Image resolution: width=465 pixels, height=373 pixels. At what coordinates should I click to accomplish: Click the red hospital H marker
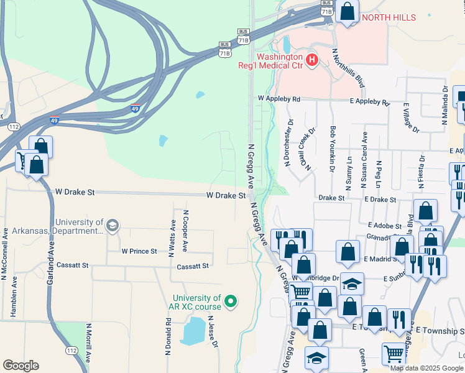313,60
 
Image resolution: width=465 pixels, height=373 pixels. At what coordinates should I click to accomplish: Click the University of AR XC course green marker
231,303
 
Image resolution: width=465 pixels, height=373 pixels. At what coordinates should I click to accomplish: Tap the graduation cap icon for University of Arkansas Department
112,224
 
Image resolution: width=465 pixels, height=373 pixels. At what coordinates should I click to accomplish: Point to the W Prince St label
139,252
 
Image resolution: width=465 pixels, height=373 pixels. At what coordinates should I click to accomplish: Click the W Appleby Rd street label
279,99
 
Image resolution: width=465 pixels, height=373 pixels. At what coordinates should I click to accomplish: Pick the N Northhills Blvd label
348,68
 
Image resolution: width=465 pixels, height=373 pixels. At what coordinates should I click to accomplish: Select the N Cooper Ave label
185,231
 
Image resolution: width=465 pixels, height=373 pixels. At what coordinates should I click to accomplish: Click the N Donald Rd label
168,336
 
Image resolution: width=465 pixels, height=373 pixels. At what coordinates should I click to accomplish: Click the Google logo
21,366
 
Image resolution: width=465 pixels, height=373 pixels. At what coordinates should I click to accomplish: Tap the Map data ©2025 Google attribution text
426,368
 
